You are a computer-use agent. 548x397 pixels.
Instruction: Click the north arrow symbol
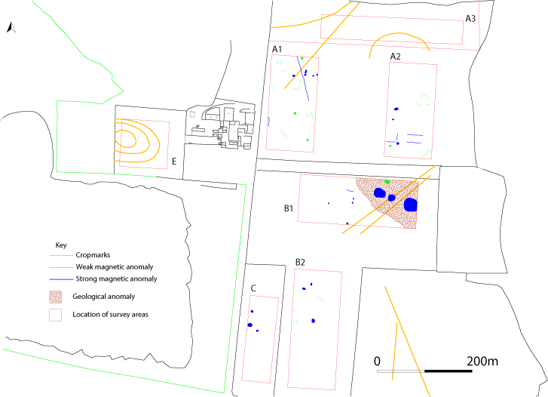tap(10, 28)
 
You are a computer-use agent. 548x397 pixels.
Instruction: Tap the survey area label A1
tap(277, 49)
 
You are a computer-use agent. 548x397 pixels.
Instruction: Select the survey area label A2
tap(395, 56)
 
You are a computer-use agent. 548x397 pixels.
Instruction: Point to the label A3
tap(470, 17)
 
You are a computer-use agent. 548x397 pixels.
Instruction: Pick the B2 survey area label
tap(300, 262)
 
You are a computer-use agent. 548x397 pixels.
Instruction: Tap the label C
tap(254, 287)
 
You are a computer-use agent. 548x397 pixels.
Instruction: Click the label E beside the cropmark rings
tap(174, 161)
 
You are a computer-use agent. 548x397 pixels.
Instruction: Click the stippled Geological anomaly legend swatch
tap(56, 296)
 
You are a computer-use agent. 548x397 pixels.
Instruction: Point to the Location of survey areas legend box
tap(56, 314)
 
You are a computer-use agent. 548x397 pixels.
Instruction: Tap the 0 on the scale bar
tap(377, 361)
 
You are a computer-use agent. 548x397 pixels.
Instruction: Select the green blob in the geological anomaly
tap(387, 182)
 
